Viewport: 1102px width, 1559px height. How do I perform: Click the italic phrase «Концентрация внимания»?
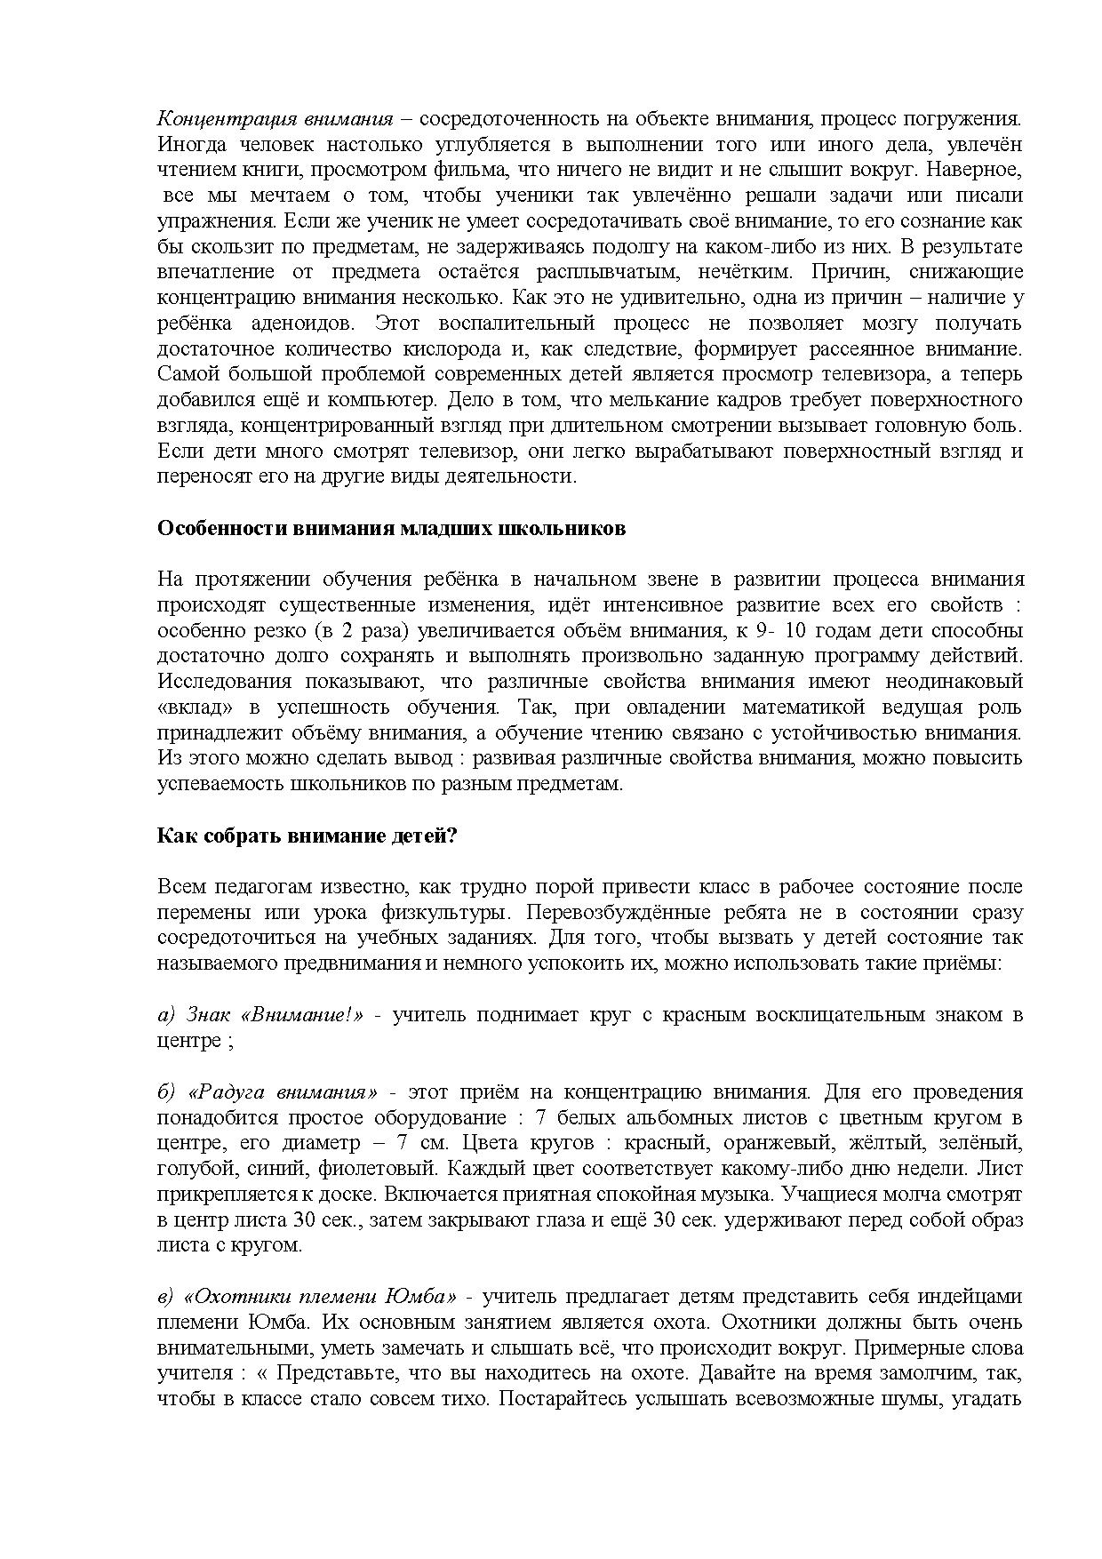tap(275, 118)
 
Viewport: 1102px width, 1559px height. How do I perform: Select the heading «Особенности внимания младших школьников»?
tap(391, 529)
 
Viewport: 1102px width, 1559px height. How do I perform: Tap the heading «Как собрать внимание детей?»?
tap(307, 836)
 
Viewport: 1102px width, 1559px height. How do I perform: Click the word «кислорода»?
tap(435, 348)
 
